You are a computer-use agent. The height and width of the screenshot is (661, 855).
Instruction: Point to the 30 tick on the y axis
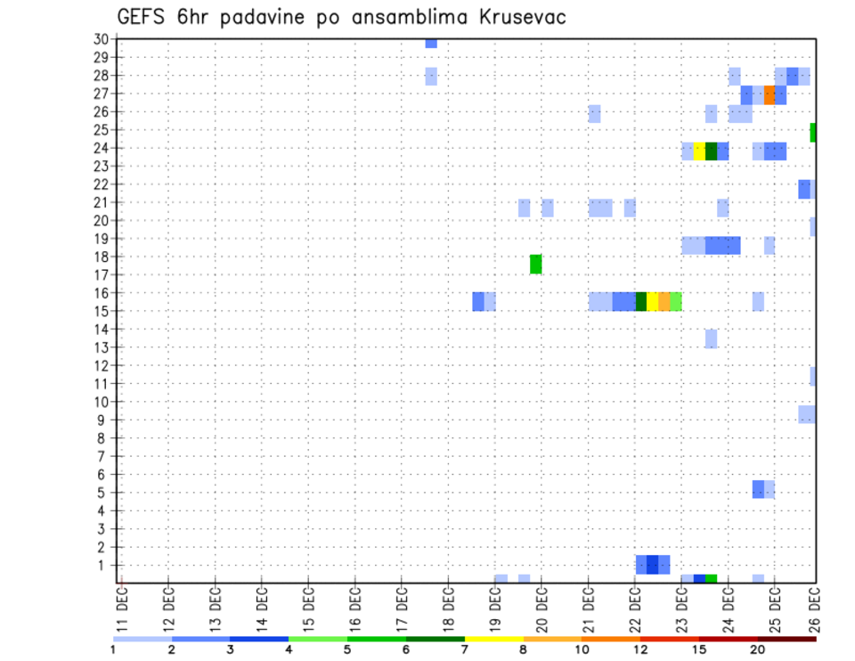pos(101,39)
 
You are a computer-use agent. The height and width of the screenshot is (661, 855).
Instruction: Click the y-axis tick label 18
pos(101,257)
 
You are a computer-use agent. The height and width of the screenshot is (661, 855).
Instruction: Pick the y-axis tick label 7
pos(103,456)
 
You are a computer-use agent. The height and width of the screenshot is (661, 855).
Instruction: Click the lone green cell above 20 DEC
pos(536,264)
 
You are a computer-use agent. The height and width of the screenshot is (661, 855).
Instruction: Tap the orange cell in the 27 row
pos(769,94)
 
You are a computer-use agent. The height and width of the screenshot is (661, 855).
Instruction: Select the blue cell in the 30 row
pos(431,43)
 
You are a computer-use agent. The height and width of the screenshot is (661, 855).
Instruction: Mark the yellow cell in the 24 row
pos(699,151)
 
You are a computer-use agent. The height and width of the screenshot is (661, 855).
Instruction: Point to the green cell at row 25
pos(813,132)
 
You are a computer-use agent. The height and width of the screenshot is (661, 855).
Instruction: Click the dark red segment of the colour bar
pos(787,639)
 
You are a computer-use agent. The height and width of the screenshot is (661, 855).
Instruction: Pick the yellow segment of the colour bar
pos(494,639)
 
